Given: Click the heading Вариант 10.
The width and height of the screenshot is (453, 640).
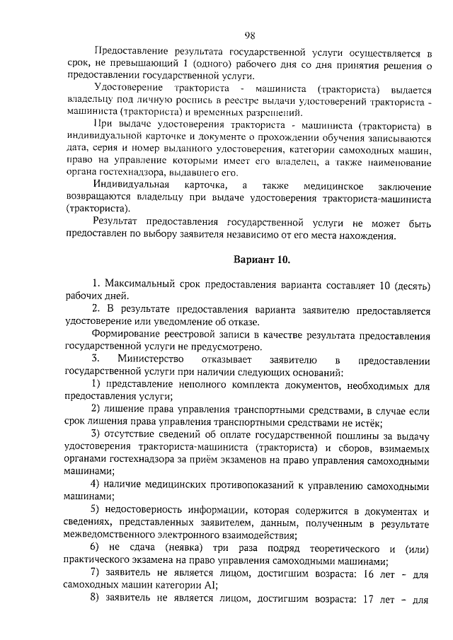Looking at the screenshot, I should (262, 260).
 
